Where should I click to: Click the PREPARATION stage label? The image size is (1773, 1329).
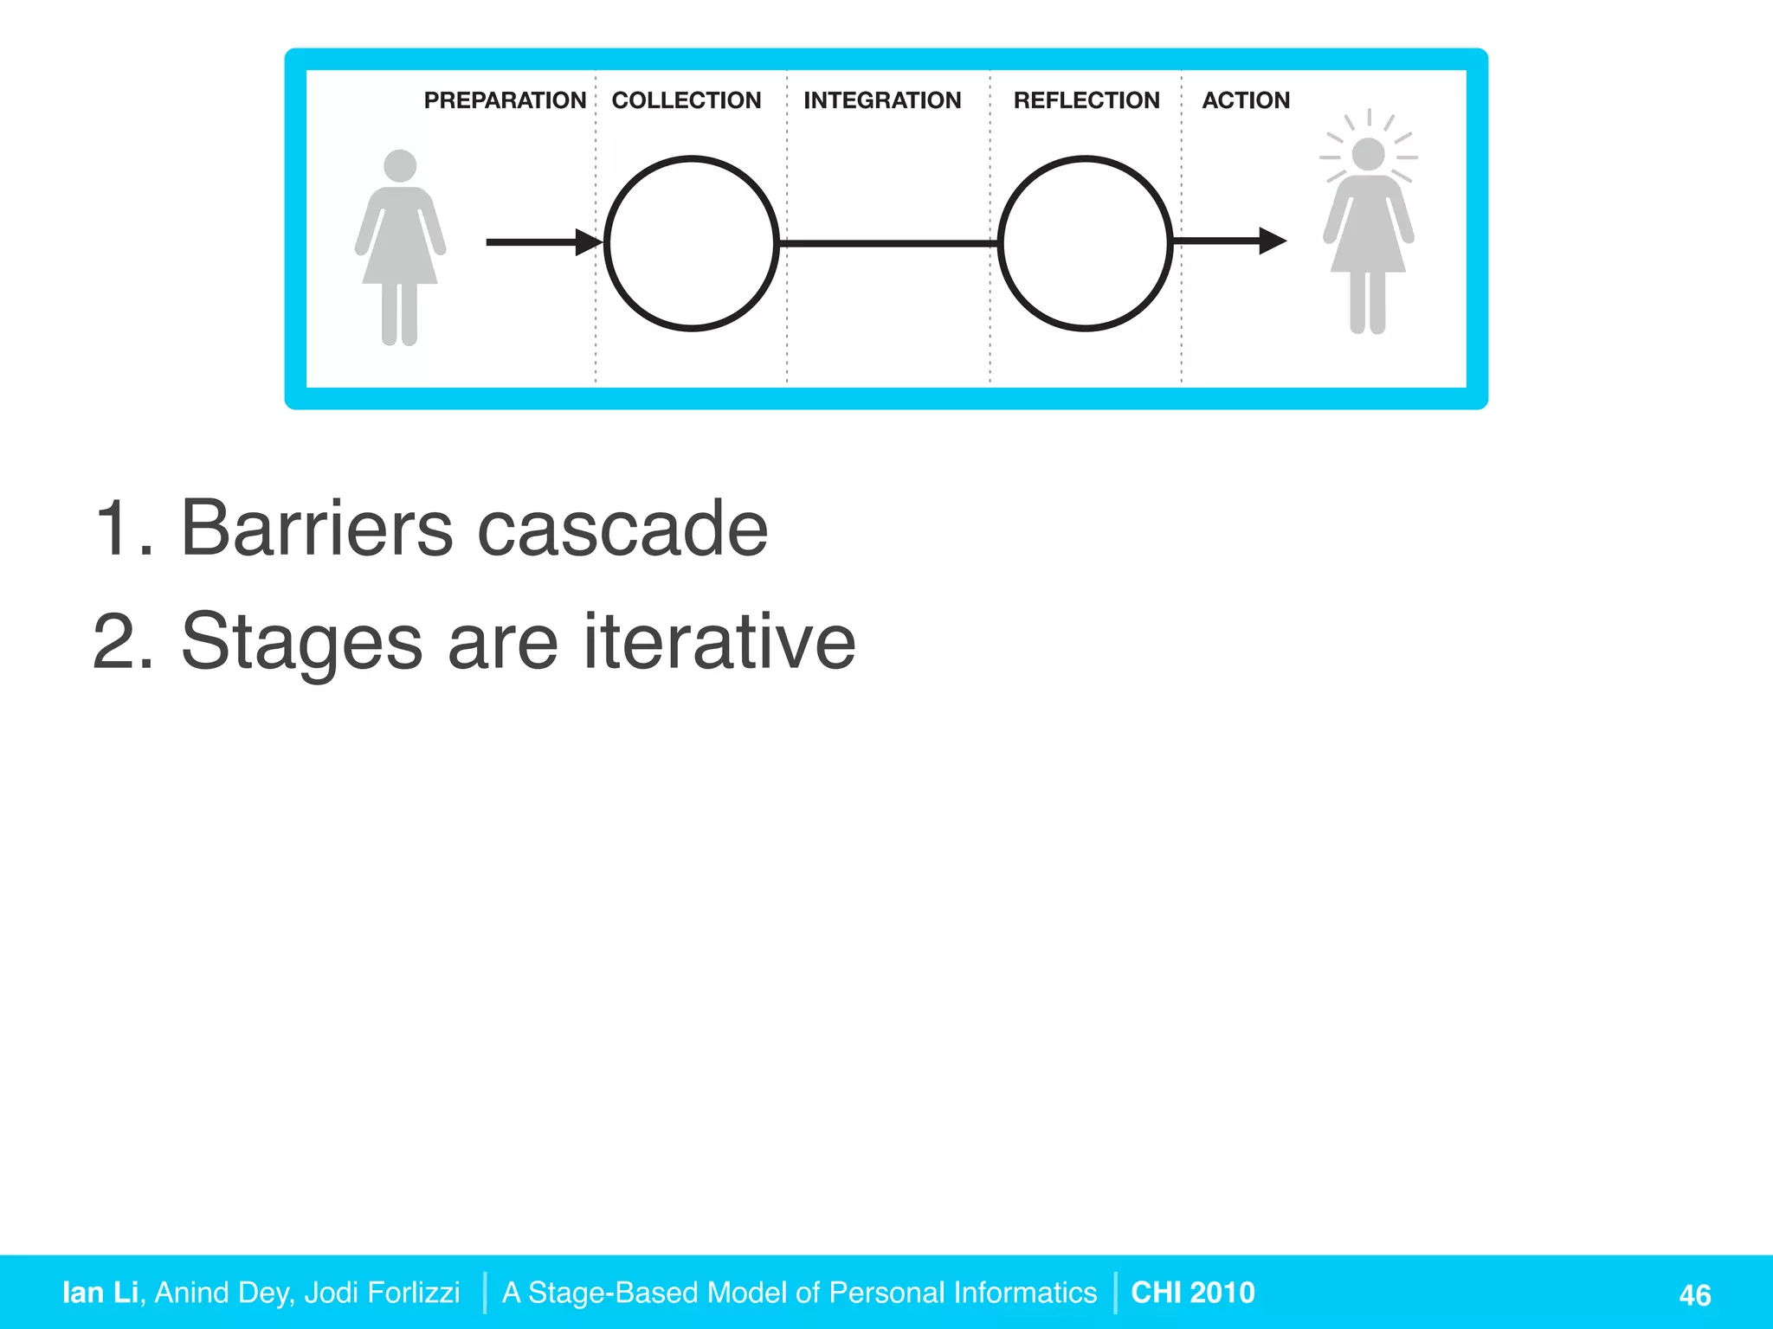(505, 100)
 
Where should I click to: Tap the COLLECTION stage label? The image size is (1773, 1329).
(686, 100)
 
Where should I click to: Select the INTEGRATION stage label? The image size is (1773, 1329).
(881, 100)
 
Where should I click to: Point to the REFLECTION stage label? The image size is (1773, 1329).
(1086, 100)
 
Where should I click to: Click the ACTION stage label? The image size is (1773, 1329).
(1245, 100)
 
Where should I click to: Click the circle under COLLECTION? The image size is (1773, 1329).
(691, 243)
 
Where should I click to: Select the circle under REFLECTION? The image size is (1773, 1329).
(1085, 243)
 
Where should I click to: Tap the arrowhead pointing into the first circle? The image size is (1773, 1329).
(589, 242)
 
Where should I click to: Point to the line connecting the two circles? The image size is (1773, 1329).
(888, 244)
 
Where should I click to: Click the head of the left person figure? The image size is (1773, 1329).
(400, 166)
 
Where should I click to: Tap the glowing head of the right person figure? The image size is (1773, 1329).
(1368, 155)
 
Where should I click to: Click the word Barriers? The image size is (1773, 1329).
(316, 529)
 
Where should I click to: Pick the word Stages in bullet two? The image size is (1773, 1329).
(301, 643)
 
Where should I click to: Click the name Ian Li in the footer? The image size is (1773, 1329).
(100, 1292)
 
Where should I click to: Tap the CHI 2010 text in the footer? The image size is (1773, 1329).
(1192, 1292)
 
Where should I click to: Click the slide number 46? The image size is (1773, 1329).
(1694, 1295)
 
